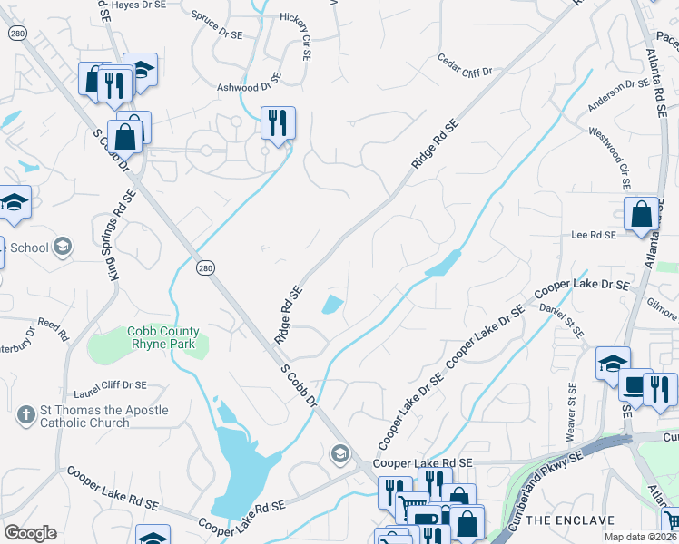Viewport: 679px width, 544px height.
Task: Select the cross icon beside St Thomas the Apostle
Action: click(x=26, y=416)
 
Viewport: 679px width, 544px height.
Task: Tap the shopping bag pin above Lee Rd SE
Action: click(x=641, y=215)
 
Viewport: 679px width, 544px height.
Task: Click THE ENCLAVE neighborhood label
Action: click(x=569, y=520)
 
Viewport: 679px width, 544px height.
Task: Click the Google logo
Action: click(x=30, y=533)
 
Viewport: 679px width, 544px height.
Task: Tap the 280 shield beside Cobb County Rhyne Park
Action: click(x=205, y=267)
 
